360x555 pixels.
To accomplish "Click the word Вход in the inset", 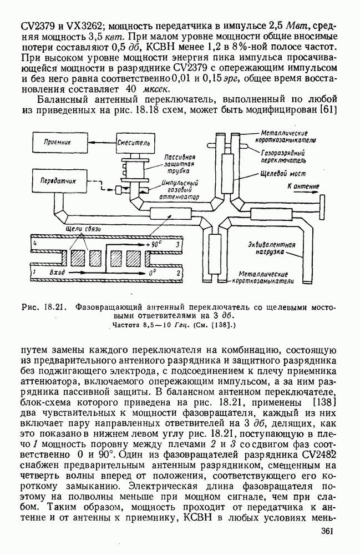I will (58, 274).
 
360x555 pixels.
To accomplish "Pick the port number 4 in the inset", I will (34, 244).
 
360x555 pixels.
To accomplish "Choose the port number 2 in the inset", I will (178, 274).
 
